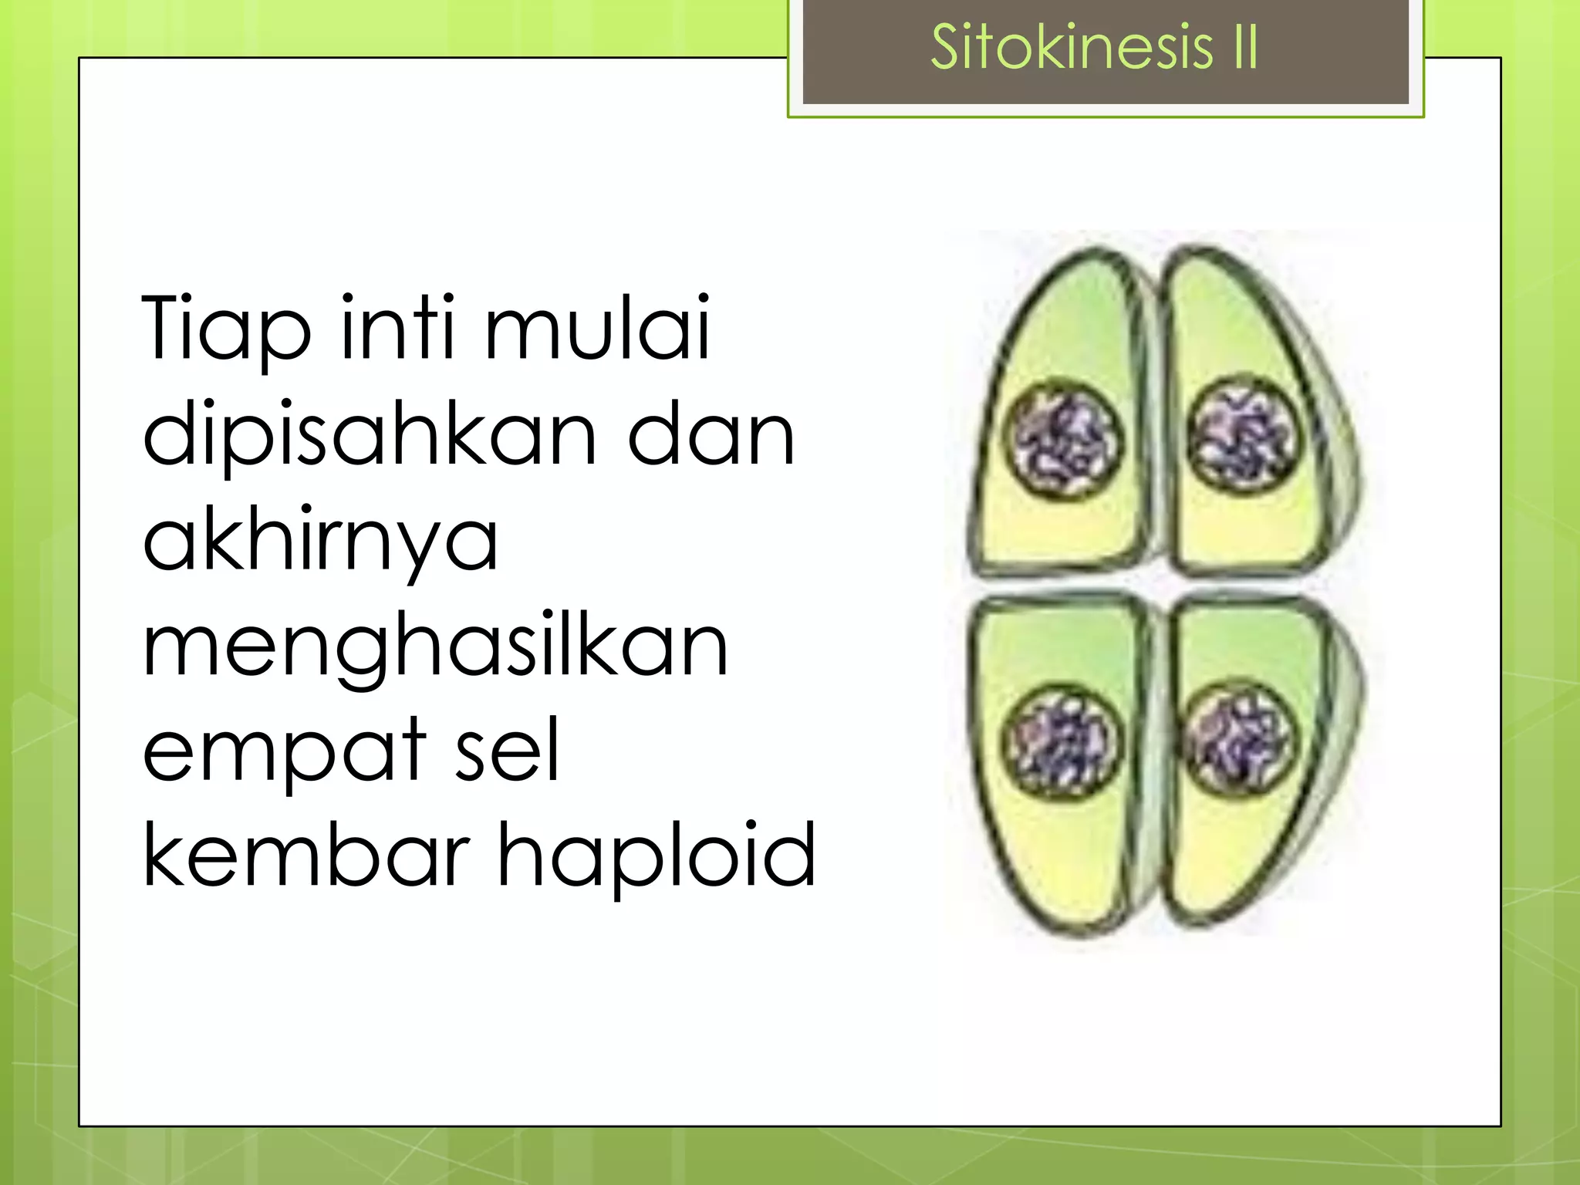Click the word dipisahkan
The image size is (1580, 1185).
click(x=370, y=437)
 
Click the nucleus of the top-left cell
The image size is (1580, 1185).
click(x=1063, y=441)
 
